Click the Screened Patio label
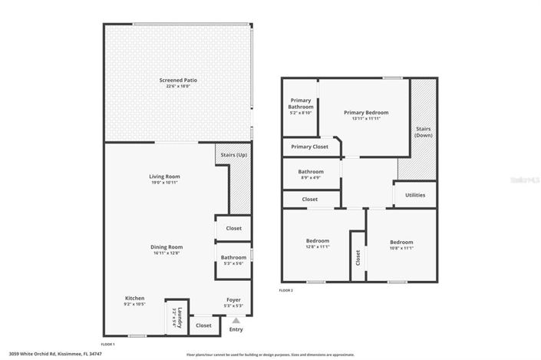click(x=176, y=80)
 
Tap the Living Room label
click(x=164, y=177)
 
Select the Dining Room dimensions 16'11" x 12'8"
click(x=166, y=252)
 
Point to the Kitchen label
click(x=134, y=299)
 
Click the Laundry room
click(x=176, y=315)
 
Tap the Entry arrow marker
click(x=236, y=320)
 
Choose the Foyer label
click(x=233, y=299)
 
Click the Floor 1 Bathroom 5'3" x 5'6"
click(x=233, y=259)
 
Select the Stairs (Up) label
click(x=233, y=155)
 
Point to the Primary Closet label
click(x=309, y=147)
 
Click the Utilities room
click(x=415, y=196)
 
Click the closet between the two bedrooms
click(x=358, y=258)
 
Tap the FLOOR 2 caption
click(x=285, y=291)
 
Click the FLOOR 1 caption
click(x=108, y=344)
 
